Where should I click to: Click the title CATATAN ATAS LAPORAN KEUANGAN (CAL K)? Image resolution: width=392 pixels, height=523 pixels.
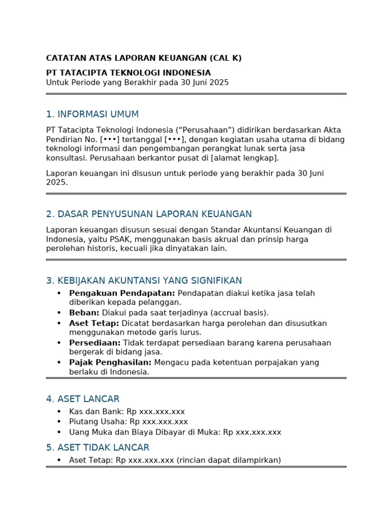pos(143,58)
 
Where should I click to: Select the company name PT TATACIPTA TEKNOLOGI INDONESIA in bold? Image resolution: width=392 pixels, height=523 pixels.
pos(128,73)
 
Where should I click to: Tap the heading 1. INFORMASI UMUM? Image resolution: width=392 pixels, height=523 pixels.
pos(92,114)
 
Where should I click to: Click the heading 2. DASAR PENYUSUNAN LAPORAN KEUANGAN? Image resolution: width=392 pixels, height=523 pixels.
pos(149,214)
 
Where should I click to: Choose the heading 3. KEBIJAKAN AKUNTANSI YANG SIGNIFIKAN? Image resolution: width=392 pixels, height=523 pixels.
pos(143,280)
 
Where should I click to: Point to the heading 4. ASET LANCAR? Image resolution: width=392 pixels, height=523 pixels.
pos(82,399)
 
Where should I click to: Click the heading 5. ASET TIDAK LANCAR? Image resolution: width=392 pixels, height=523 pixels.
pos(97,447)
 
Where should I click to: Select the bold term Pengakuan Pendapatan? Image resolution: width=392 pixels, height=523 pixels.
pos(122,293)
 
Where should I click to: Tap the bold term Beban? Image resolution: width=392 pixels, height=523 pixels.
pos(84,313)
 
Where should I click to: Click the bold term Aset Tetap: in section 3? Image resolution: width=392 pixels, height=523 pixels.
pos(94,323)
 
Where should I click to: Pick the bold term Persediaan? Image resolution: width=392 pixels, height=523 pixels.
pos(95,343)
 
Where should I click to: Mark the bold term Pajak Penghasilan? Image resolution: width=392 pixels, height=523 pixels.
pos(110,363)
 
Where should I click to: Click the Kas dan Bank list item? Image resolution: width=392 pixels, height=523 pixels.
pos(127,412)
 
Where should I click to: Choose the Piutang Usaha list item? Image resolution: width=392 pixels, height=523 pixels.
pos(128,422)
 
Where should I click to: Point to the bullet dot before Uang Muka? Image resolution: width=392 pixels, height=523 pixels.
pos(59,432)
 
